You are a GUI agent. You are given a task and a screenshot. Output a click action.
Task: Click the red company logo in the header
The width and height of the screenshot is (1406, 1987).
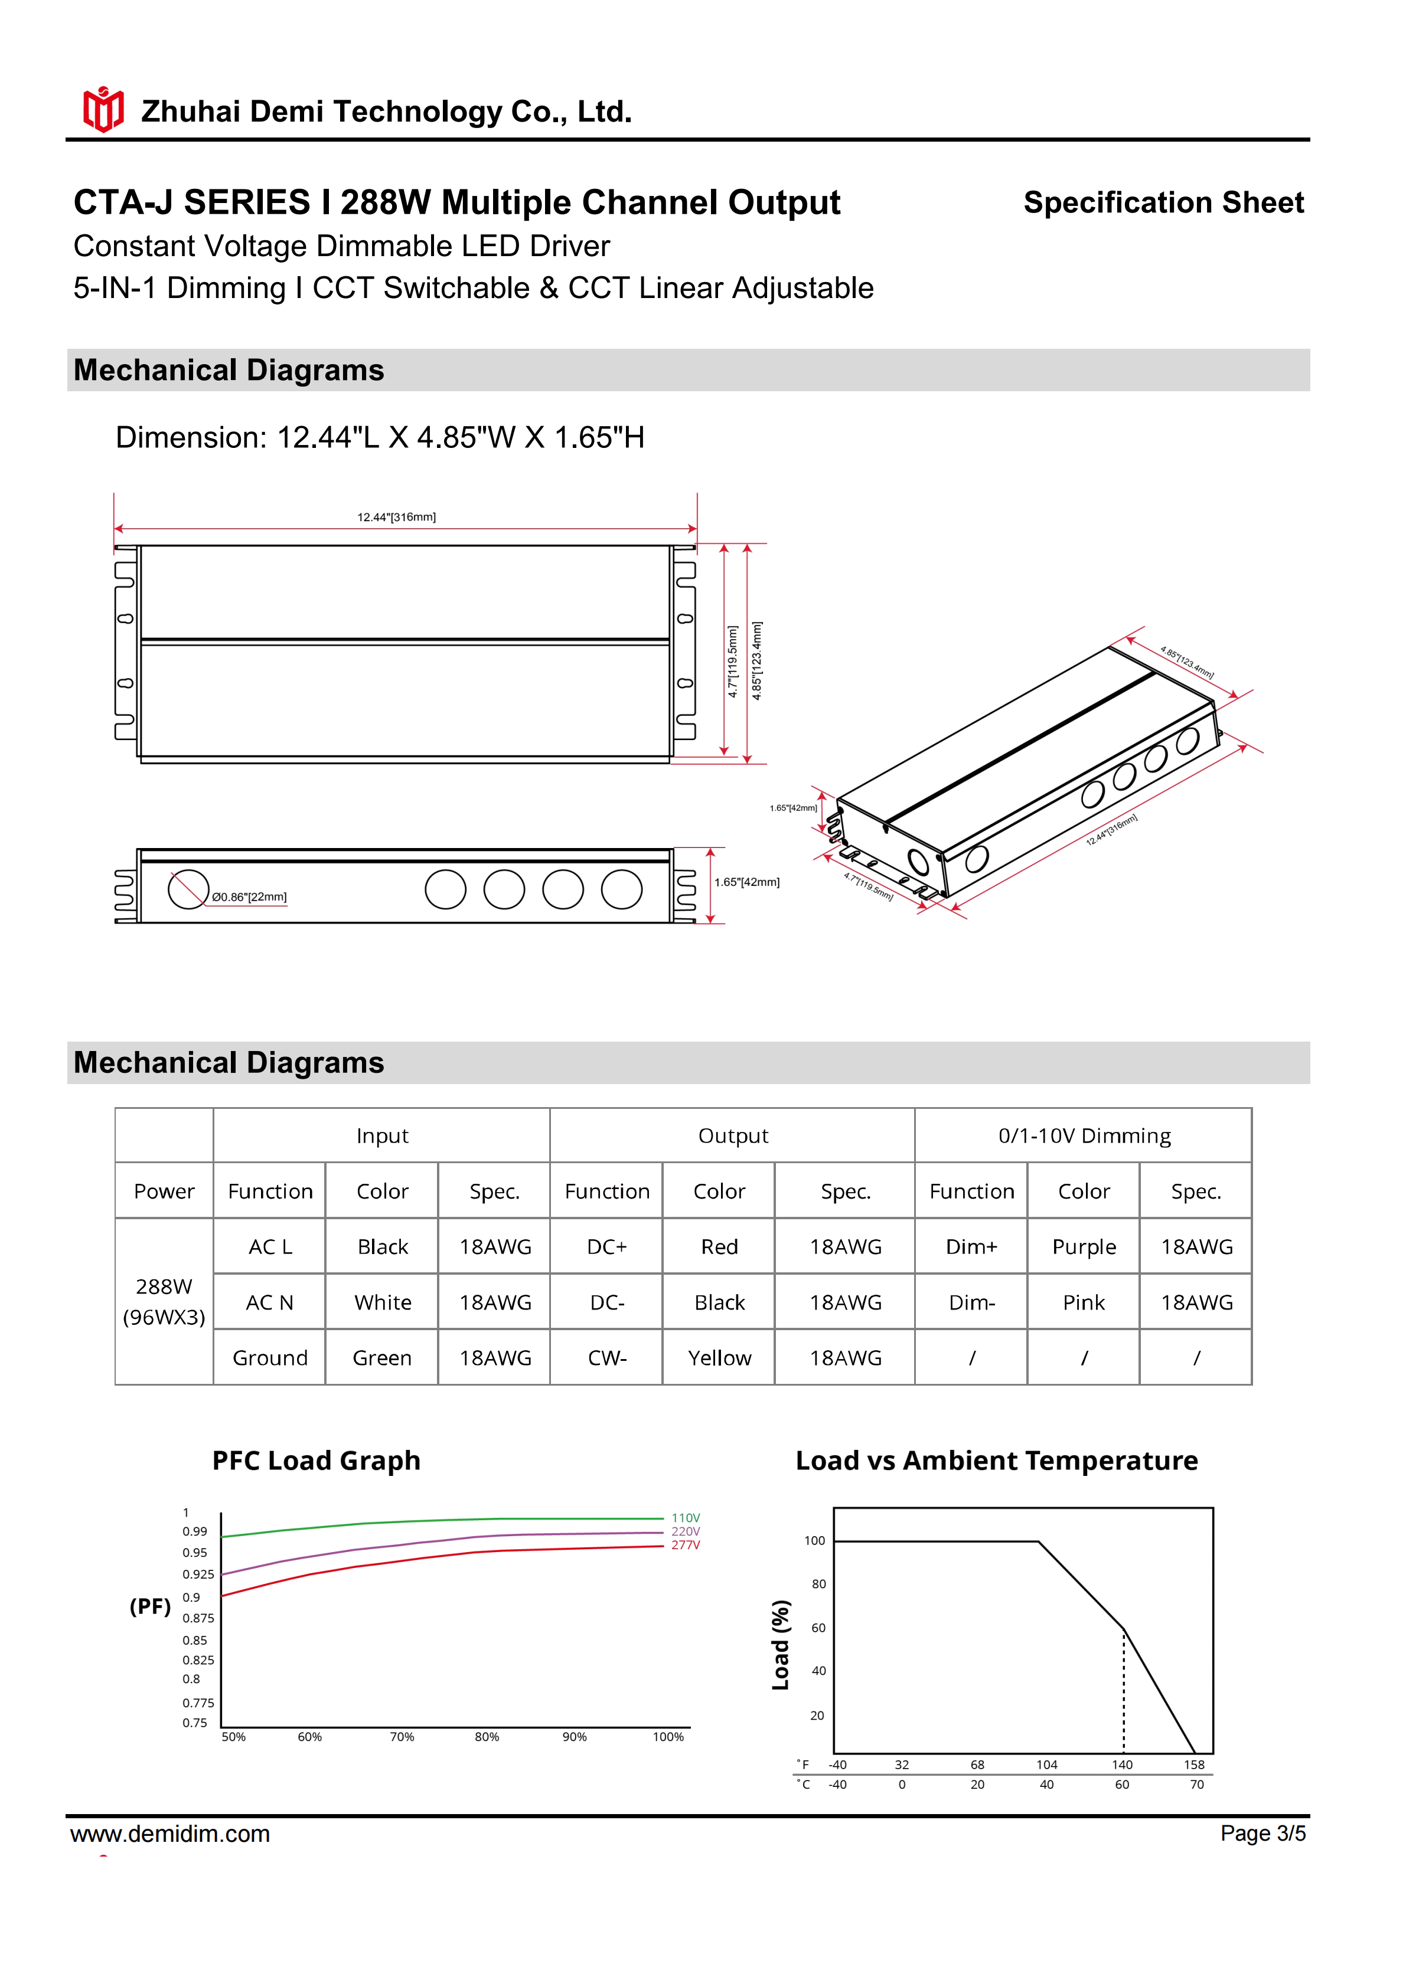point(103,110)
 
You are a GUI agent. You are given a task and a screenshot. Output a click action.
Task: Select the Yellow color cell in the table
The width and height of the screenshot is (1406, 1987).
point(719,1358)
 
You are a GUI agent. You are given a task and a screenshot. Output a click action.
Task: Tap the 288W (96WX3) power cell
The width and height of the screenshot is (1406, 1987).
point(164,1302)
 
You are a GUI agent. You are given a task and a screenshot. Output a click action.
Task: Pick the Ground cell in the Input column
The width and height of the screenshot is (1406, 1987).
point(269,1358)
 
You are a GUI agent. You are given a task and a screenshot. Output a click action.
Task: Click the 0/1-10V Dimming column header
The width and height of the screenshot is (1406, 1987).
point(1084,1135)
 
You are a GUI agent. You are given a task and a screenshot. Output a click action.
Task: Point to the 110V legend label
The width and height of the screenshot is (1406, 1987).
point(686,1518)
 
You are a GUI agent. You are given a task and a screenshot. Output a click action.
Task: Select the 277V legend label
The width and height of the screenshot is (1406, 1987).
point(686,1545)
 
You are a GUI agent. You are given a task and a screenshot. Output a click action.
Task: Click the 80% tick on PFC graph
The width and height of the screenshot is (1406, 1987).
point(487,1737)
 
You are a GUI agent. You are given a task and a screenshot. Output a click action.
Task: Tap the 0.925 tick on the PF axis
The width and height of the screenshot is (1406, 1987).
point(198,1574)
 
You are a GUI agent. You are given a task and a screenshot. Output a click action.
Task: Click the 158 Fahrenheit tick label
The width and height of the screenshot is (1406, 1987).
point(1194,1765)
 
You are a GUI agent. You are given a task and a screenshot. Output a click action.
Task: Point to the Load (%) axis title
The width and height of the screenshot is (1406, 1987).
point(781,1644)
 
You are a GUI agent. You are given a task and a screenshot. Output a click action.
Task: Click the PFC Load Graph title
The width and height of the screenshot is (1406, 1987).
point(316,1461)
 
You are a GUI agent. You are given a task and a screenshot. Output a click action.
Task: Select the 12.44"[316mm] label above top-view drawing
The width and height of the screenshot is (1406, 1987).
point(396,516)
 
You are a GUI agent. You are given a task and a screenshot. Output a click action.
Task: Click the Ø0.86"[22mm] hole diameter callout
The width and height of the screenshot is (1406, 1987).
point(249,896)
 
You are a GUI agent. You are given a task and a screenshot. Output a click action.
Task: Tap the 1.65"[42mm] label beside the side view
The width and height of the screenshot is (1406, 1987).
point(746,882)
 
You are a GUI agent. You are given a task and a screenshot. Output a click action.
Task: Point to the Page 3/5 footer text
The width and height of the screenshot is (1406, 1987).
point(1263,1833)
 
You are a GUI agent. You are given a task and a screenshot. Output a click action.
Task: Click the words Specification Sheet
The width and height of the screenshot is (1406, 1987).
point(1163,202)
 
